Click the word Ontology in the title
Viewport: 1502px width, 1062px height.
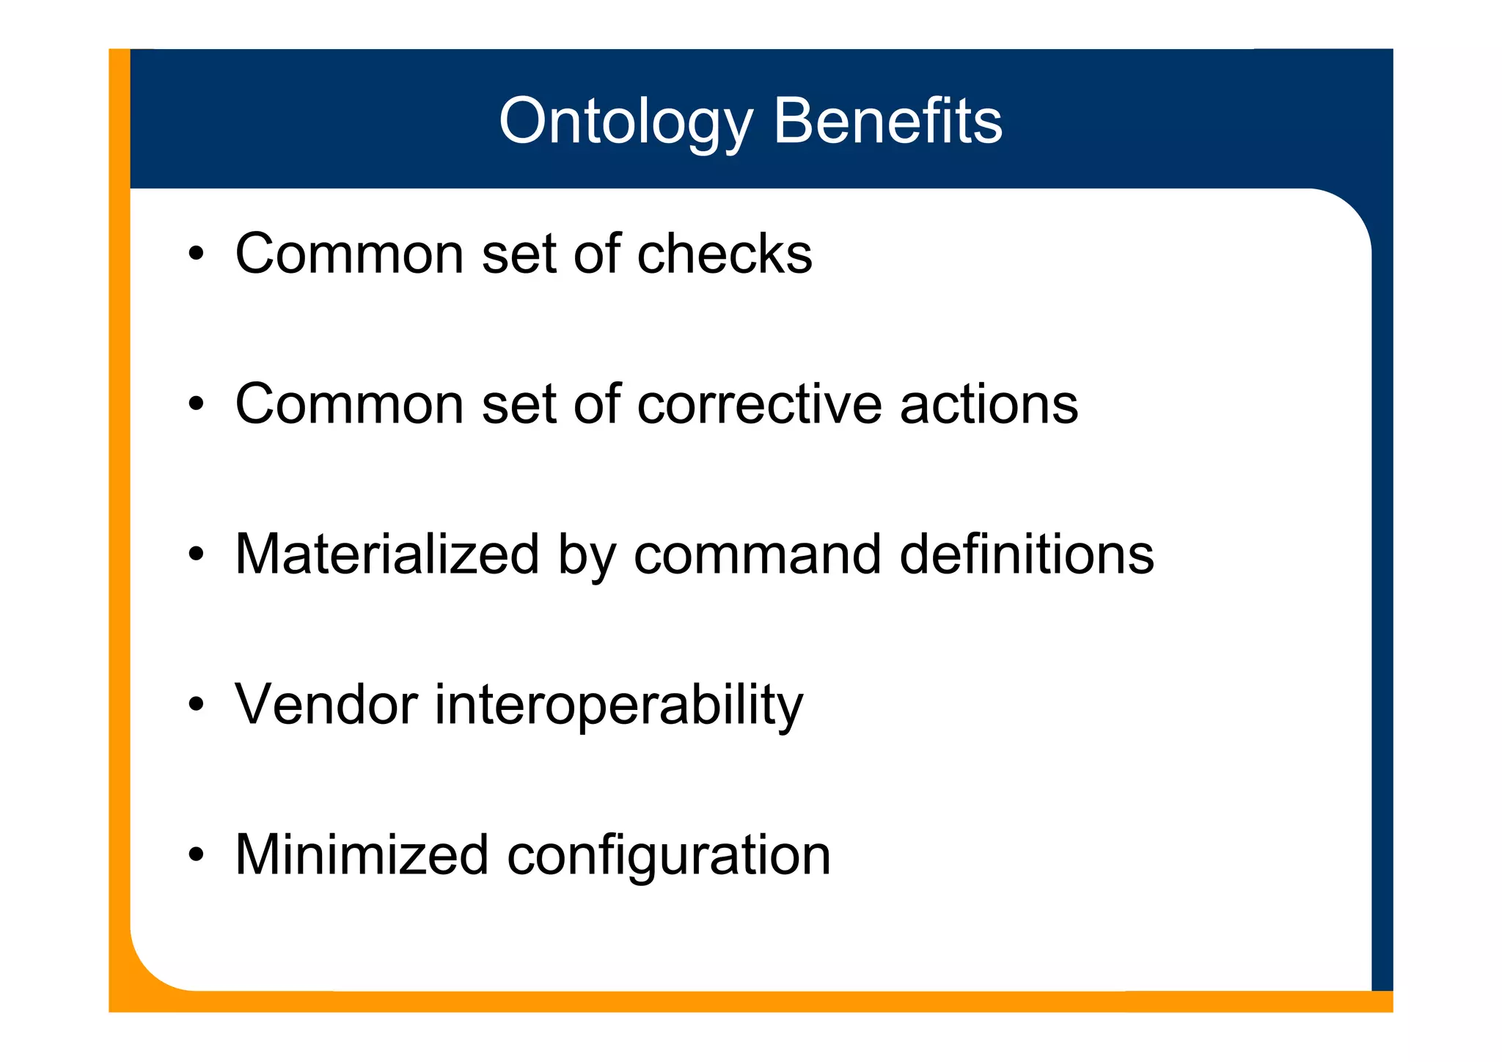tap(626, 122)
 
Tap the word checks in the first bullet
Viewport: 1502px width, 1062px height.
tap(725, 254)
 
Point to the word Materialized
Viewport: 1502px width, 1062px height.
tap(387, 554)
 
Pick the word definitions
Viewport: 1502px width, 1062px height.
tap(1027, 554)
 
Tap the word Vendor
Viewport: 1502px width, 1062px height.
tap(326, 705)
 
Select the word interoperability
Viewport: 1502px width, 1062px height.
tap(619, 706)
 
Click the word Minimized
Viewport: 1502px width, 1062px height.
tap(362, 855)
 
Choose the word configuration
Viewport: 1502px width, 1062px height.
tap(668, 857)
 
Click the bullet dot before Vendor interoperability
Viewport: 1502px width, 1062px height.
tap(195, 705)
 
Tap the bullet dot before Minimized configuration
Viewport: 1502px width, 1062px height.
tap(195, 855)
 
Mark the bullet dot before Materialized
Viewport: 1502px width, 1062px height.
tap(195, 554)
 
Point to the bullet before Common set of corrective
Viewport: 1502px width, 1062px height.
tap(195, 404)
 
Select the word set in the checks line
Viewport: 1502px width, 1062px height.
tap(518, 254)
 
